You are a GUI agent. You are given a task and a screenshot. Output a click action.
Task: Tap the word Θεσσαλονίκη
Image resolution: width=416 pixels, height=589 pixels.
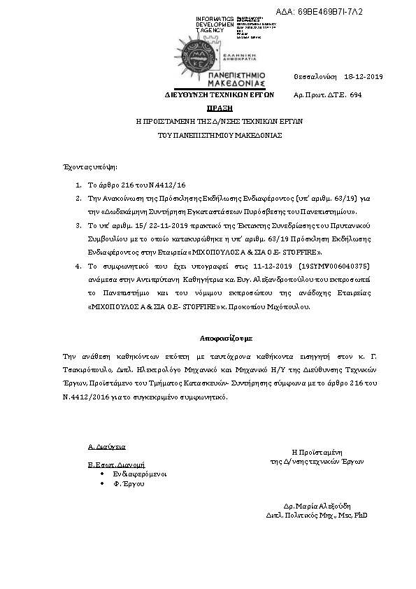(x=315, y=76)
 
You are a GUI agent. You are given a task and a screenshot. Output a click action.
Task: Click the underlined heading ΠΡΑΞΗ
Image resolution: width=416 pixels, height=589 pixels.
(x=220, y=108)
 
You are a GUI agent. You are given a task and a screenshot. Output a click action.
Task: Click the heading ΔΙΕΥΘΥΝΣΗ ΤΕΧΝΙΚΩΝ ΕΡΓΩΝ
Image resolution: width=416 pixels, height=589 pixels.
(x=219, y=94)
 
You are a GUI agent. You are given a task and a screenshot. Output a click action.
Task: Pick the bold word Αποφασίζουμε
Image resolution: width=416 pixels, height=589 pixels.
(x=220, y=338)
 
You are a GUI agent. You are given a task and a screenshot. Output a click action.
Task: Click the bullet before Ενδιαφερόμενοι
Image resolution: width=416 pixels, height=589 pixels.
(x=103, y=474)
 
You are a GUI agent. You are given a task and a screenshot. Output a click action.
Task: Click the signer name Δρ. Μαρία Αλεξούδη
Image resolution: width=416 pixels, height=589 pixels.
(x=317, y=505)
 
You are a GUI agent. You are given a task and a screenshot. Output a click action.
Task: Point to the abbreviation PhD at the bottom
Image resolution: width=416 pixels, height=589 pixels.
(x=361, y=515)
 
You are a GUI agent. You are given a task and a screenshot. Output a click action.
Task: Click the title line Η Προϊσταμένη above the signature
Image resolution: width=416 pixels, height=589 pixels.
(x=316, y=453)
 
